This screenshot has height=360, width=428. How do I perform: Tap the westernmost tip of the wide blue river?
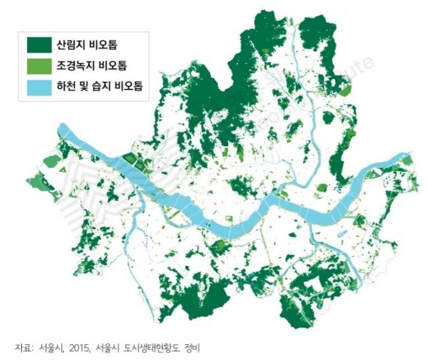pyautogui.click(x=61, y=127)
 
